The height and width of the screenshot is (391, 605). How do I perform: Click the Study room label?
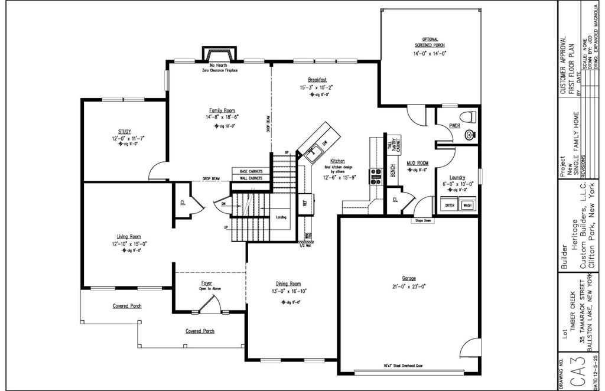tap(124, 131)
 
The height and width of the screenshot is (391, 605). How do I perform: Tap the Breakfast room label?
tap(317, 80)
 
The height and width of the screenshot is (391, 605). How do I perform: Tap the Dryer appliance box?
tap(450, 205)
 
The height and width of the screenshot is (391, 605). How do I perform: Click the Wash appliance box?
tap(467, 205)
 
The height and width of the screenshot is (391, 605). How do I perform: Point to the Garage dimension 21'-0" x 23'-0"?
tap(409, 286)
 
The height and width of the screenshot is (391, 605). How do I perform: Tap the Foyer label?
tap(206, 284)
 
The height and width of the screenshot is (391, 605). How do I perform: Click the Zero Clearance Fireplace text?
tap(220, 70)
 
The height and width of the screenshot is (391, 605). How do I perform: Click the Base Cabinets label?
tap(247, 171)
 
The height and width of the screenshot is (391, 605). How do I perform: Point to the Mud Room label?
tap(417, 162)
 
